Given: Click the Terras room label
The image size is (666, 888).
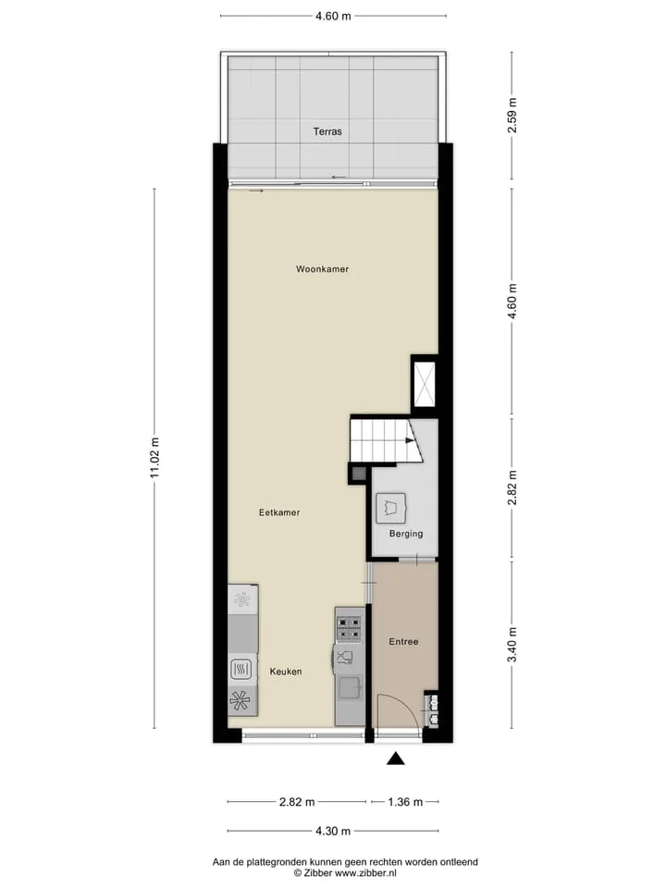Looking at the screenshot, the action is (x=327, y=131).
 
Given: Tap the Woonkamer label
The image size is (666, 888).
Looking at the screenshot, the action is (x=322, y=269).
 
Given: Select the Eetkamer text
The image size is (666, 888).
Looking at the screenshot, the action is (x=279, y=512).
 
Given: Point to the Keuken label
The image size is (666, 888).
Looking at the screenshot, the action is (x=286, y=672).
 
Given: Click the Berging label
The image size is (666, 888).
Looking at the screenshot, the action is (x=406, y=534).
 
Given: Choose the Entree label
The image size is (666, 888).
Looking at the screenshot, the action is (x=404, y=642).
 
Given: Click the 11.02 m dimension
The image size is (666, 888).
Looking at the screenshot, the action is (x=154, y=458).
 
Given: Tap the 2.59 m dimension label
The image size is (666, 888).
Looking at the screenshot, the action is (x=512, y=116).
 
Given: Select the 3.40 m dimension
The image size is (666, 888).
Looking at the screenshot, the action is (x=512, y=645).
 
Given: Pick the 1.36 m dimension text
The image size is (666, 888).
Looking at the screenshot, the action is (x=405, y=802).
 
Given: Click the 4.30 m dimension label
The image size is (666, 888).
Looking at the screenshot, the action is (x=333, y=832).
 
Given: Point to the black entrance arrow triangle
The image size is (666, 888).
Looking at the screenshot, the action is (x=396, y=758).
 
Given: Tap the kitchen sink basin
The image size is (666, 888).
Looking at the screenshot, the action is (x=350, y=688).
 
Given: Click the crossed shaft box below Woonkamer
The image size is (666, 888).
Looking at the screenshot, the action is (x=425, y=384).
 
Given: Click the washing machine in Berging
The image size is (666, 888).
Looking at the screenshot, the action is (x=391, y=508).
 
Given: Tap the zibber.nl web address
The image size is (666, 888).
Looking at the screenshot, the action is (x=365, y=873).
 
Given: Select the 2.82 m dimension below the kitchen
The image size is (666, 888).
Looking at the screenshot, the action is (x=297, y=802).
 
